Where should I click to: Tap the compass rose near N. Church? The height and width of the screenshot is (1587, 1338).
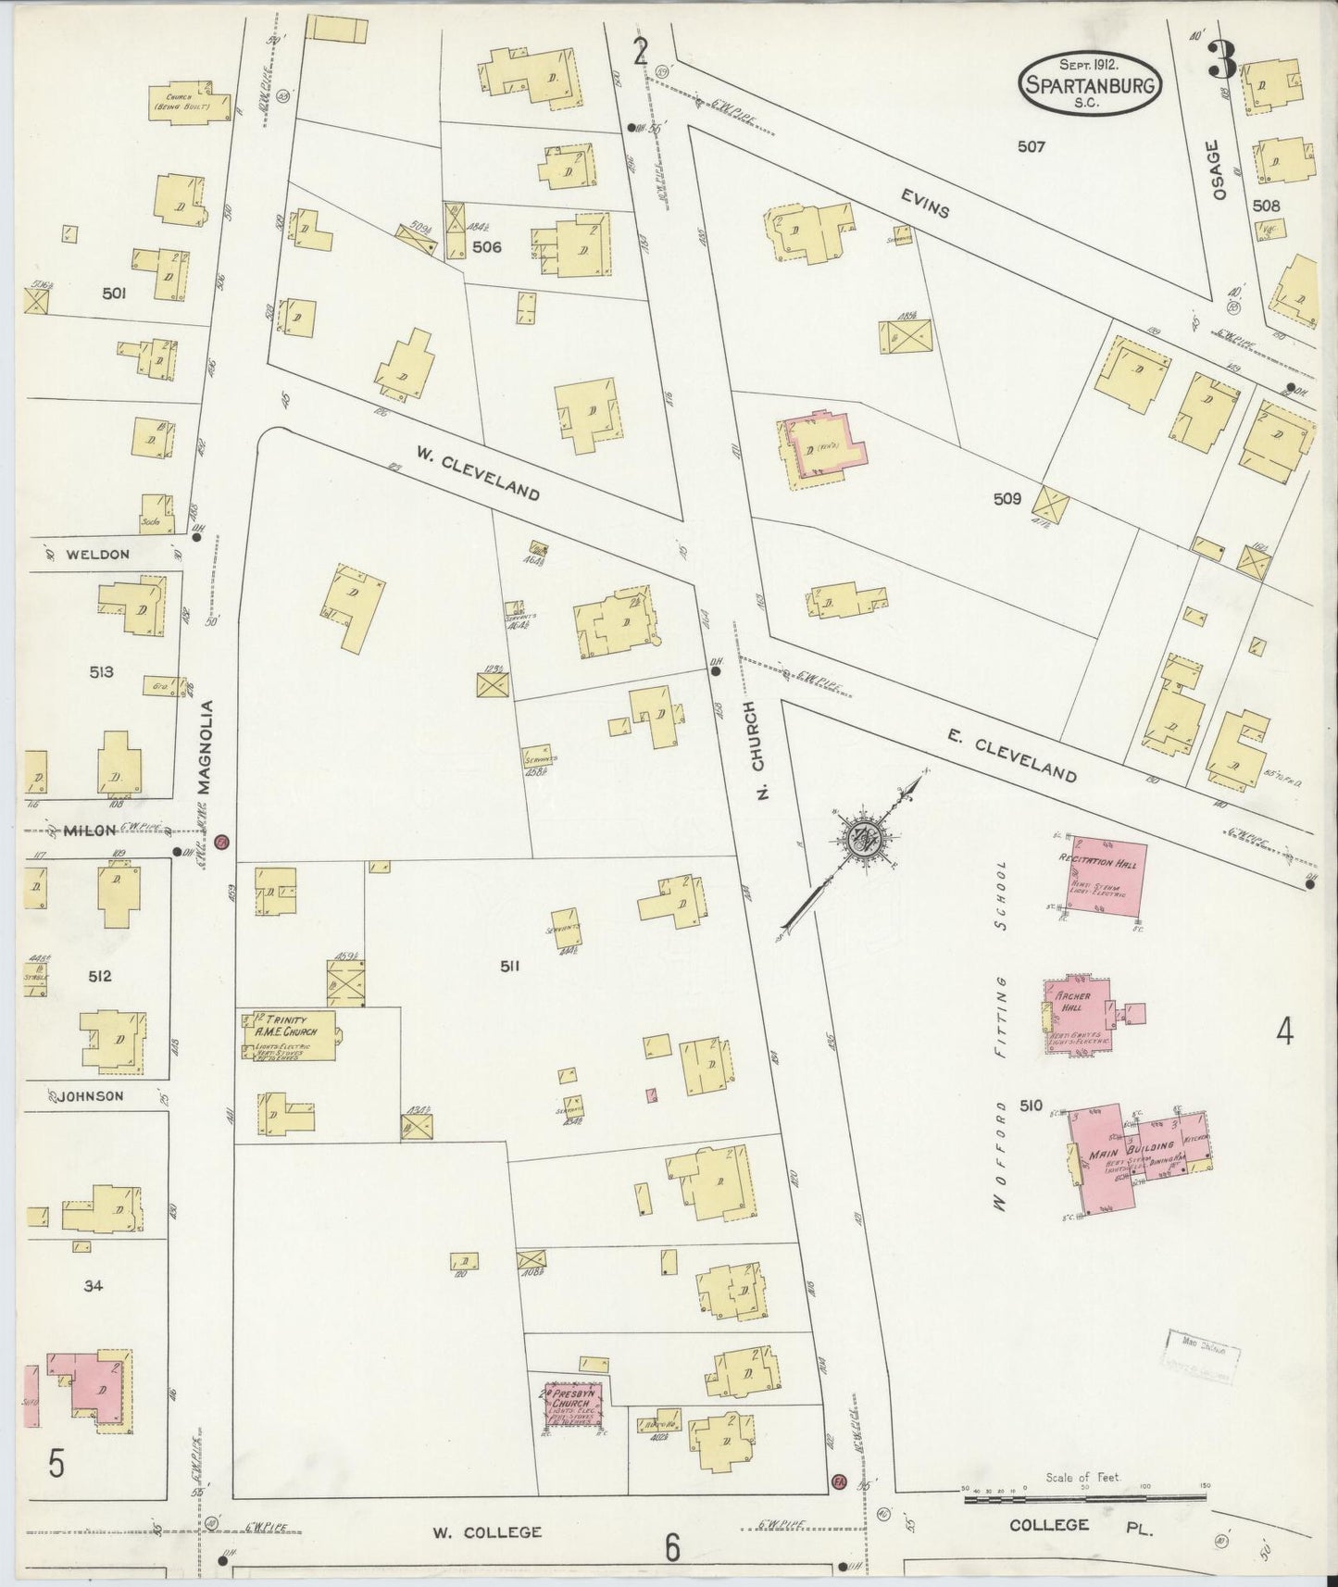click(x=868, y=841)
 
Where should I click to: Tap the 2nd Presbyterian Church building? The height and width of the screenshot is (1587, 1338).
click(x=573, y=1408)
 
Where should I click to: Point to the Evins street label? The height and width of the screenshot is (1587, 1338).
click(x=923, y=205)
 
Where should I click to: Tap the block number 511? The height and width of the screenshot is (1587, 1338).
click(x=508, y=966)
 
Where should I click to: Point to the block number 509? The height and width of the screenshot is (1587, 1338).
click(x=1007, y=498)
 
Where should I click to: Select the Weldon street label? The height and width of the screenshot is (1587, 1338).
click(x=97, y=554)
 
